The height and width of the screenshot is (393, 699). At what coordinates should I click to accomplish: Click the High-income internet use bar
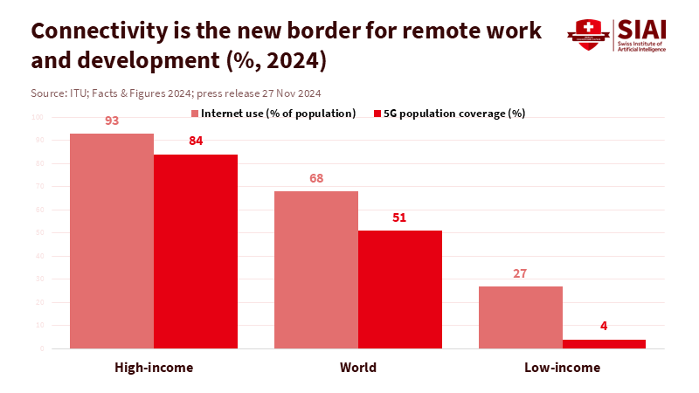click(x=112, y=241)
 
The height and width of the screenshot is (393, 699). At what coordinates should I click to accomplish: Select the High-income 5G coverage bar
click(x=196, y=252)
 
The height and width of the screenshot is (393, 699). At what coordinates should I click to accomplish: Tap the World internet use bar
click(x=316, y=270)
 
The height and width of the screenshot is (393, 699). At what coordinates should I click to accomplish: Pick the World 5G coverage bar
click(x=400, y=289)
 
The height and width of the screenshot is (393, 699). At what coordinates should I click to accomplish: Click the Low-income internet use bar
click(x=521, y=317)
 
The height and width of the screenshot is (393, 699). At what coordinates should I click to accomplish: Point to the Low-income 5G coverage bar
click(x=604, y=344)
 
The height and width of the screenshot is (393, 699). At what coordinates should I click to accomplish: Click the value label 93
click(x=112, y=121)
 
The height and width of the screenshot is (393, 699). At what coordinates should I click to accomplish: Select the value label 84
click(x=196, y=141)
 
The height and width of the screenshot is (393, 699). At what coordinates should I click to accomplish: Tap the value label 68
click(x=316, y=178)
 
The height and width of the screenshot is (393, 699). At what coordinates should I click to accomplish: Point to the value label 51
click(x=399, y=217)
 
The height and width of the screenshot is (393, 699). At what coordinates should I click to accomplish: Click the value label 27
click(x=520, y=273)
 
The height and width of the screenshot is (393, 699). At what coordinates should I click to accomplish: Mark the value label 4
click(x=604, y=326)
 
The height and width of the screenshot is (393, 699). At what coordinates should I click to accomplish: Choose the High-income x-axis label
click(x=154, y=368)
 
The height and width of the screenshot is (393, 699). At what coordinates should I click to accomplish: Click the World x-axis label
click(x=358, y=368)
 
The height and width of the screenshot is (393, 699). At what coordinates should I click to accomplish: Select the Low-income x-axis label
click(x=562, y=368)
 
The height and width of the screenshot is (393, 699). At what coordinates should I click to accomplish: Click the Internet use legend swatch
click(x=195, y=114)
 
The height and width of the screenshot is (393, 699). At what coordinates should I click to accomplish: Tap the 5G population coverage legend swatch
click(x=377, y=114)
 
